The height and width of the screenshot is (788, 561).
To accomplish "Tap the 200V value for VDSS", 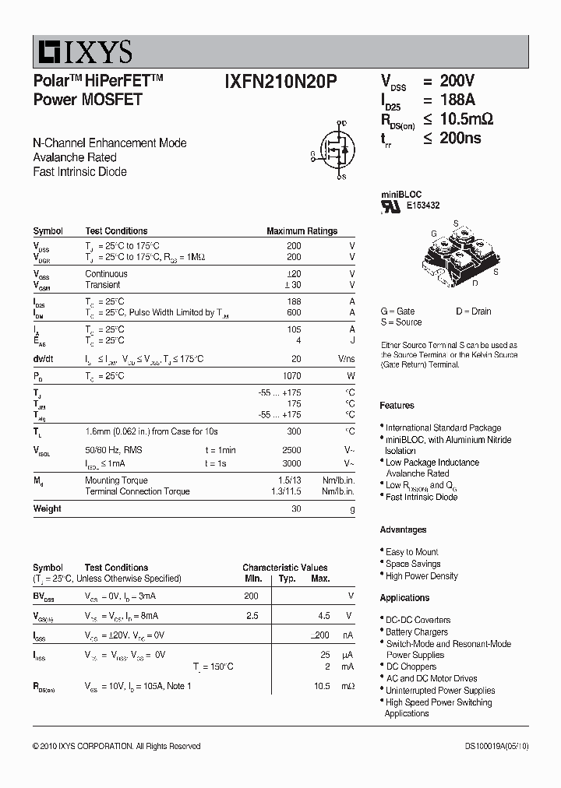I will click(458, 82).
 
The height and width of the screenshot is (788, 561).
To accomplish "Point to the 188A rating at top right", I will click(458, 100).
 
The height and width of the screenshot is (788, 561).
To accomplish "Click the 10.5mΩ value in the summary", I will click(465, 119).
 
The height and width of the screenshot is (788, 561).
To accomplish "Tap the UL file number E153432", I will click(423, 206).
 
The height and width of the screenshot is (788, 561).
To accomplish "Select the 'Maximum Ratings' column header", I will click(302, 231).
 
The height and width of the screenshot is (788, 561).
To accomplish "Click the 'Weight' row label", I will click(47, 508).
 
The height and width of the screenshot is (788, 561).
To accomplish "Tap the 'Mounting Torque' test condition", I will click(117, 480).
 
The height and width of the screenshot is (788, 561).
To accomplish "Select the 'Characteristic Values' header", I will click(284, 568).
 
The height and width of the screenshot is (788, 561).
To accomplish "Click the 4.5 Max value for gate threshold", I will click(324, 615).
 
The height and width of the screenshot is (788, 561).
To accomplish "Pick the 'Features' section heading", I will click(397, 406).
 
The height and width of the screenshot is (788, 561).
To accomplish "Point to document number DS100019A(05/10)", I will click(496, 746).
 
